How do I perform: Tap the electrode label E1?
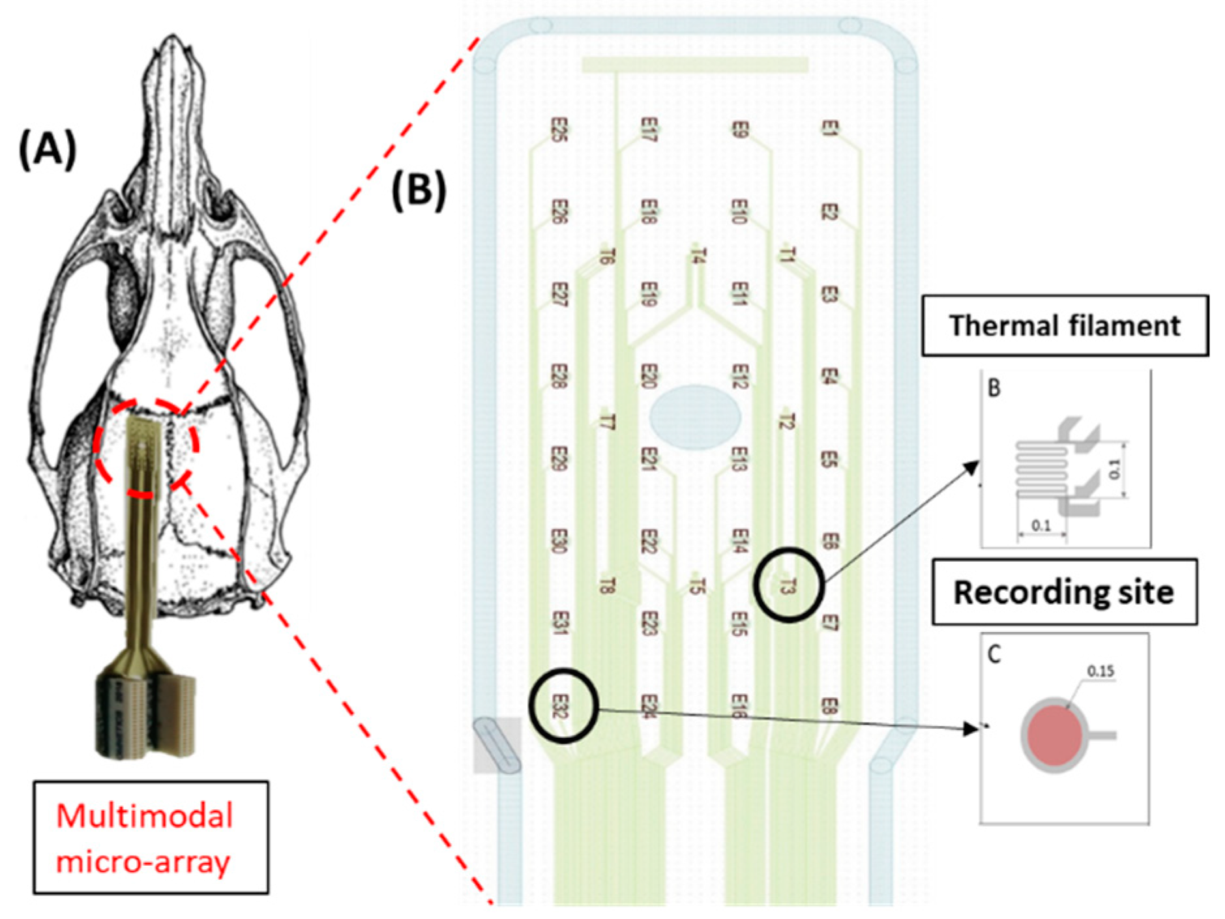pos(829,128)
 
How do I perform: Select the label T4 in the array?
pos(698,255)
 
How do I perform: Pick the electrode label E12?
pos(738,376)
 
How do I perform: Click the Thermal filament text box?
pos(1064,325)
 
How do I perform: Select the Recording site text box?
pos(1063,592)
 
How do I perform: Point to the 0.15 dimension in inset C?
pos(1100,671)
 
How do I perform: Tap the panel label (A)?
pos(47,149)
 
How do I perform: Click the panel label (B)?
pos(419,190)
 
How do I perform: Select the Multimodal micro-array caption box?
pos(151,837)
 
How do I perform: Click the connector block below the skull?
pos(145,714)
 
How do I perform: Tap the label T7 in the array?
pos(606,421)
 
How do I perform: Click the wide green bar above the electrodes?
pos(695,65)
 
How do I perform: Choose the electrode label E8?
pos(829,706)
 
